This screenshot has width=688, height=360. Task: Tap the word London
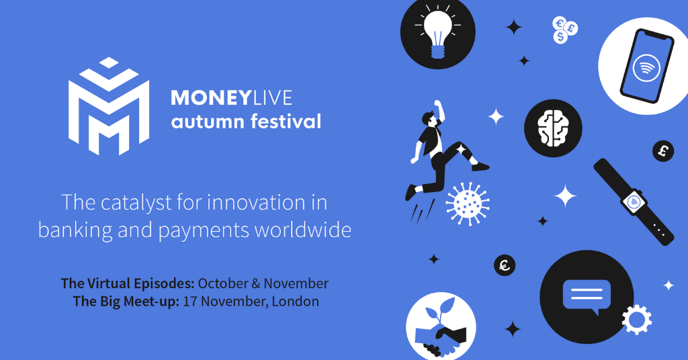coord(296,302)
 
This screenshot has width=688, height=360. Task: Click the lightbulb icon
coord(438,34)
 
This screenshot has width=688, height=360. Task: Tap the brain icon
coord(553,128)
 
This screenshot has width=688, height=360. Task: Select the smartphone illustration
coord(646,66)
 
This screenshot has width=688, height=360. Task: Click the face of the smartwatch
coord(634,202)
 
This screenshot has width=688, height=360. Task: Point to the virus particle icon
coord(468,204)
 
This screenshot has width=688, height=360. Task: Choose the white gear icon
coord(637,319)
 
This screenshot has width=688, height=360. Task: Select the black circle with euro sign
coord(505,265)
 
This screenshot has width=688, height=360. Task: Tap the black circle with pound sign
coord(663,151)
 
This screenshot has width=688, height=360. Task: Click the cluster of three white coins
coord(564,30)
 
